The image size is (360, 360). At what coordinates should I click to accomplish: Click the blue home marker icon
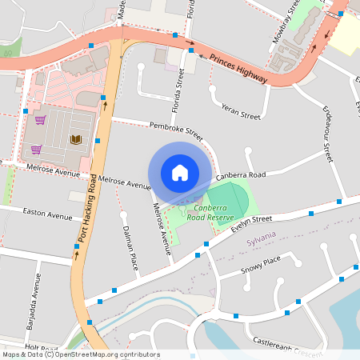click(180, 173)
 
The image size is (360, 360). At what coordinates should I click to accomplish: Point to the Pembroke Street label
click(176, 128)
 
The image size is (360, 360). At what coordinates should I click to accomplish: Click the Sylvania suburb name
click(261, 234)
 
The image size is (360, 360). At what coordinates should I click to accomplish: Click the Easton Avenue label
click(47, 215)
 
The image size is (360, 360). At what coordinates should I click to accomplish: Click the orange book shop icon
click(76, 140)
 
